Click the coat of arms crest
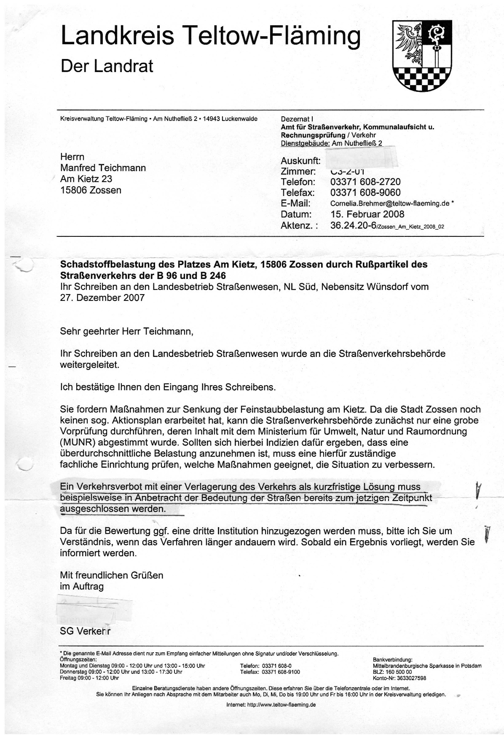422,55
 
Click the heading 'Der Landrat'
107,66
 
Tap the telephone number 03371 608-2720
365,182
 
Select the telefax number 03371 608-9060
365,193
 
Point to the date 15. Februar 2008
367,214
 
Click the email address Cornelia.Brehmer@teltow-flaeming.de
389,204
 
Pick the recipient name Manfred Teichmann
103,168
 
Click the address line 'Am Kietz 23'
86,179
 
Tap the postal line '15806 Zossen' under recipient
91,190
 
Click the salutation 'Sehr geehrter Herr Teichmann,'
126,331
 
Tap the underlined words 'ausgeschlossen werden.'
113,509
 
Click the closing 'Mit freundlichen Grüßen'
111,575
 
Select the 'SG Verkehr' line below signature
85,631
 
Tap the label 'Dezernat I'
297,119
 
